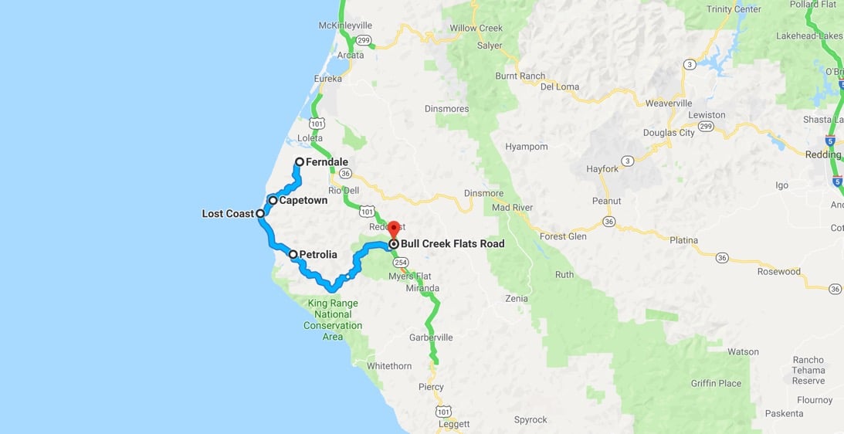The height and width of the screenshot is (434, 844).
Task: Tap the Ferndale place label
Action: (x=327, y=162)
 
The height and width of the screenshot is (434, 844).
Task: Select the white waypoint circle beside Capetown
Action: (x=273, y=200)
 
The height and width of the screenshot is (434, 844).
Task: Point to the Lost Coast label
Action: (x=228, y=214)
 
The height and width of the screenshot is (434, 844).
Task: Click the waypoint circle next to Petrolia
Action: (x=293, y=254)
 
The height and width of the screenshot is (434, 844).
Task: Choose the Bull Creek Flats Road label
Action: (x=452, y=244)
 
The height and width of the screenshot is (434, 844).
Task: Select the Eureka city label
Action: (x=327, y=79)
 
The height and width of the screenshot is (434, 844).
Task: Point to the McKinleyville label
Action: (x=345, y=25)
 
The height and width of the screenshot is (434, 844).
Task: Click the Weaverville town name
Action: (x=668, y=103)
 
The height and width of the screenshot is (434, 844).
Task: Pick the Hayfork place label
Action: (x=602, y=168)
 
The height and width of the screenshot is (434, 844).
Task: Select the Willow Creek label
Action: (x=476, y=29)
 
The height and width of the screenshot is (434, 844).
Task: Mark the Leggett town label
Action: (x=453, y=424)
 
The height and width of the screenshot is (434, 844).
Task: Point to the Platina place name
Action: (x=683, y=240)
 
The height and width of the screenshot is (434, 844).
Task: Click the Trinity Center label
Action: (x=733, y=9)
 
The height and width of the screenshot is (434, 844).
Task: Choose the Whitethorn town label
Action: (x=388, y=366)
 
